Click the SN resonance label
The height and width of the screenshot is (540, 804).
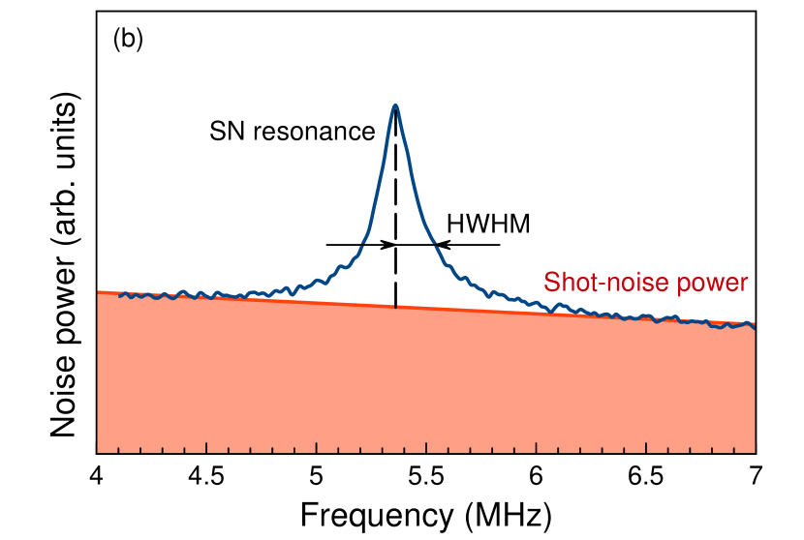click(292, 132)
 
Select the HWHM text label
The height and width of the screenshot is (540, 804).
click(487, 225)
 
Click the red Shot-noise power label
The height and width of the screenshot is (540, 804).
click(646, 283)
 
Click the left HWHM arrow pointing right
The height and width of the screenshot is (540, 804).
click(359, 245)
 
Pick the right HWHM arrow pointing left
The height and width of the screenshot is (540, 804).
click(469, 245)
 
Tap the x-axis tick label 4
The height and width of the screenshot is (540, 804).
click(97, 476)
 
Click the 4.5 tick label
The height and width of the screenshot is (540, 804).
click(206, 476)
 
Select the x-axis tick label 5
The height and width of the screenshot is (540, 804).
click(317, 476)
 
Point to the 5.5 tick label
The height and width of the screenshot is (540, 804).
click(426, 476)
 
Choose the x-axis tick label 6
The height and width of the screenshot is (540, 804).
click(536, 476)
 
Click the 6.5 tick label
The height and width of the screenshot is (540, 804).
click(646, 476)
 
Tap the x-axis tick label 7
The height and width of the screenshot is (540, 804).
click(756, 476)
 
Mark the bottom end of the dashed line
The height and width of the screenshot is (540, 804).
click(395, 307)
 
